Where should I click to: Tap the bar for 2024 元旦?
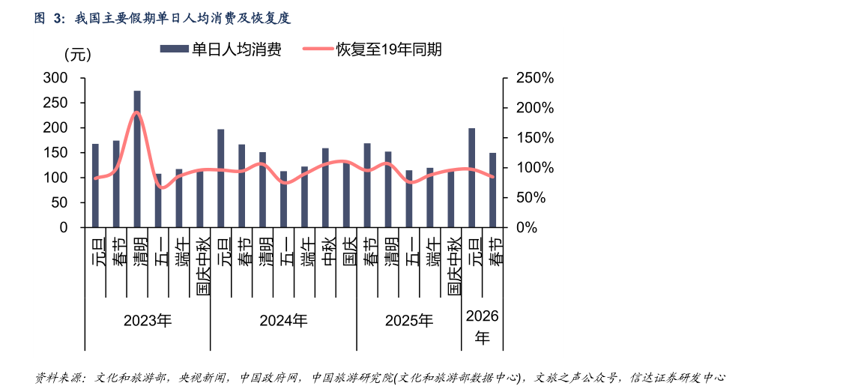220,178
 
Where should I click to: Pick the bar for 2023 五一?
158,200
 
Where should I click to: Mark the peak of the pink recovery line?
137,112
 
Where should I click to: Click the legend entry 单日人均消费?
220,49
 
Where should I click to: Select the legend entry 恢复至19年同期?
372,49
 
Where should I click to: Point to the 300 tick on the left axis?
55,78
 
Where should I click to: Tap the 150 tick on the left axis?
55,153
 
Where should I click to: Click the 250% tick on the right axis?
534,78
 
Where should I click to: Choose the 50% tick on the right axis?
537,197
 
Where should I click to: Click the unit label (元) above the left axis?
77,54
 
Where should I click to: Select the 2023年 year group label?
148,321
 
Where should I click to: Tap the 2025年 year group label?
409,321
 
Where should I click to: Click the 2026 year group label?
482,326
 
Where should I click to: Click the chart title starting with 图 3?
162,18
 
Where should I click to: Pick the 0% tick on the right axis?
541,227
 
